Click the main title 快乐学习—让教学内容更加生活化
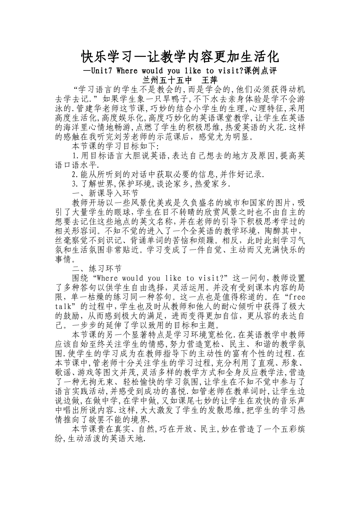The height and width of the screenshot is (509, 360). pyautogui.click(x=180, y=57)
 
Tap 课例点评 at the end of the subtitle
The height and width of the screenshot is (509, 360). pyautogui.click(x=261, y=71)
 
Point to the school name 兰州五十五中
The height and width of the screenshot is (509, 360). pyautogui.click(x=166, y=80)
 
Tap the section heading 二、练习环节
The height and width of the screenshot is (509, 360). pyautogui.click(x=97, y=269)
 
